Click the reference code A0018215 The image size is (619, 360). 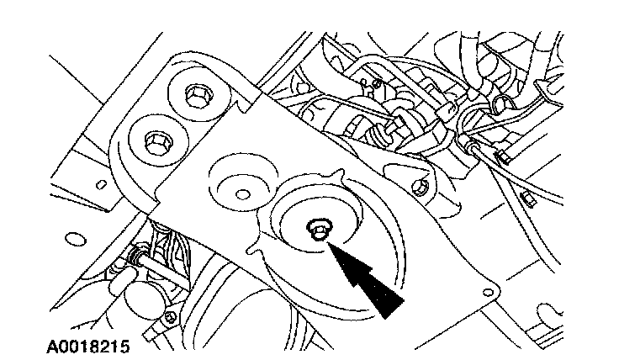83,345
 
